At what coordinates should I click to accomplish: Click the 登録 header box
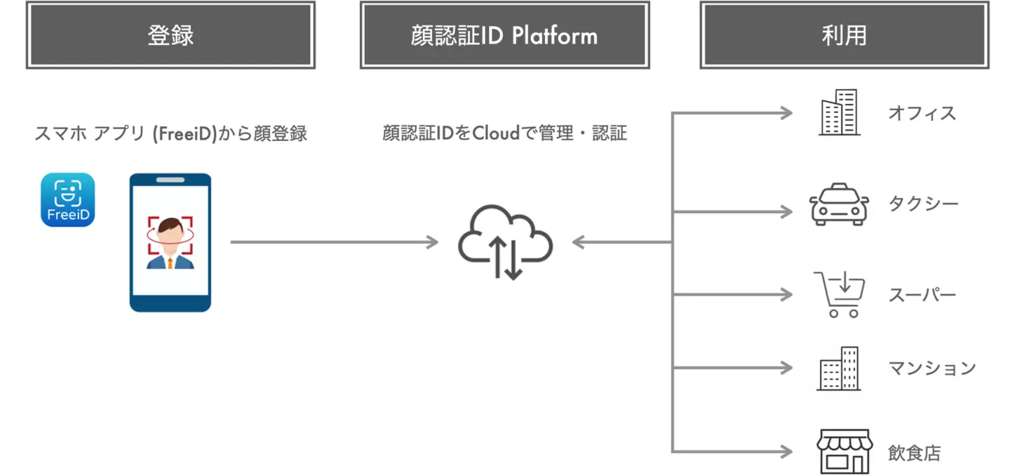pyautogui.click(x=170, y=35)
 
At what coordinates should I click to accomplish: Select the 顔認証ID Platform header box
pyautogui.click(x=504, y=35)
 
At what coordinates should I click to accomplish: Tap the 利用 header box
pyautogui.click(x=844, y=35)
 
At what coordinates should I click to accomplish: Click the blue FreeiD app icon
pyautogui.click(x=67, y=199)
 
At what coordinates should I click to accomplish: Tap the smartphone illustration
pyautogui.click(x=170, y=242)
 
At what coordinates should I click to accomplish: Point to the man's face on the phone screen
pyautogui.click(x=170, y=233)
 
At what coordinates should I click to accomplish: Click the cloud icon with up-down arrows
pyautogui.click(x=505, y=242)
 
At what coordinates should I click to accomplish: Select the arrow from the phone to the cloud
pyautogui.click(x=334, y=242)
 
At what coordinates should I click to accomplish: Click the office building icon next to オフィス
pyautogui.click(x=839, y=112)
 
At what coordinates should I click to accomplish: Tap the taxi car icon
pyautogui.click(x=839, y=204)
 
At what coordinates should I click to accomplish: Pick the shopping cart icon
pyautogui.click(x=840, y=294)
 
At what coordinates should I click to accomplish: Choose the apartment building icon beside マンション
pyautogui.click(x=839, y=368)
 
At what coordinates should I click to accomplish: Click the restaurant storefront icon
pyautogui.click(x=844, y=451)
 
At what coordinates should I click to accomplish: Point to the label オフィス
pyautogui.click(x=922, y=113)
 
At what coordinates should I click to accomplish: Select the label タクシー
pyautogui.click(x=923, y=204)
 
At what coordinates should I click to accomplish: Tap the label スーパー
pyautogui.click(x=922, y=295)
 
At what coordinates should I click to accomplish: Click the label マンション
pyautogui.click(x=932, y=368)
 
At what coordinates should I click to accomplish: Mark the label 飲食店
pyautogui.click(x=915, y=453)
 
